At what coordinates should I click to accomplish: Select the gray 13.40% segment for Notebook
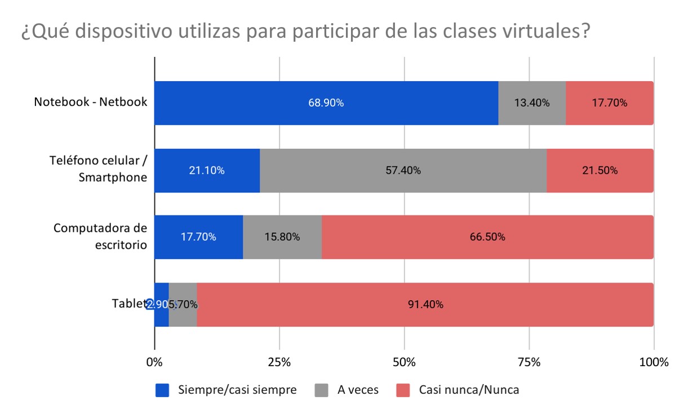coord(532,103)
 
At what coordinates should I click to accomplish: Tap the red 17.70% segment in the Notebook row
coord(610,103)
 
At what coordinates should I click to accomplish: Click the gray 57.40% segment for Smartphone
coord(403,170)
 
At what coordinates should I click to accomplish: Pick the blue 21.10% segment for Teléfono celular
coord(207,170)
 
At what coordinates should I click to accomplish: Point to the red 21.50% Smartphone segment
coord(600,170)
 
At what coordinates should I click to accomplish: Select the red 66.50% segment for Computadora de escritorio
coord(487,237)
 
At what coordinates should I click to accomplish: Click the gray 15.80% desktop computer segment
coord(282,237)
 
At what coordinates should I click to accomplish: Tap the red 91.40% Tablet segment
coord(425,305)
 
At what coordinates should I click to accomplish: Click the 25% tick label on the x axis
coord(279,362)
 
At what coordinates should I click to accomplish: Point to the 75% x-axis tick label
coord(529,362)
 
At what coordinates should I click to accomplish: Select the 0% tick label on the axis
coord(154,362)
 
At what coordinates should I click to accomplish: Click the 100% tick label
coord(654,362)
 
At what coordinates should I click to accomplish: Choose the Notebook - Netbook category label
coord(90,102)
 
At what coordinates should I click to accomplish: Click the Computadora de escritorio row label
coord(100,236)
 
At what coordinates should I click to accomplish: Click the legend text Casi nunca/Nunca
coord(469,390)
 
